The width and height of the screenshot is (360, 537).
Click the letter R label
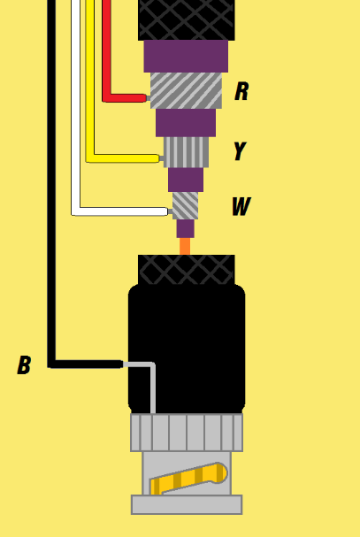point(241,91)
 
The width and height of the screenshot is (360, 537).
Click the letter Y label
point(240,150)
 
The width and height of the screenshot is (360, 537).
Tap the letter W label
point(241,206)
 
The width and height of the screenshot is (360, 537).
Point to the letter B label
point(24,364)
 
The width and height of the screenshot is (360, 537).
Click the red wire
point(106,51)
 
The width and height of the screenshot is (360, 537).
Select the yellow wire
point(90,82)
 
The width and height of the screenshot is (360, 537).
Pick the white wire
point(76,110)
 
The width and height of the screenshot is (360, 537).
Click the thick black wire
point(51,185)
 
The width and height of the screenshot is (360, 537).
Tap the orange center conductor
point(185,247)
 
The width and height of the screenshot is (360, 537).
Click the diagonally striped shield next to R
point(186,90)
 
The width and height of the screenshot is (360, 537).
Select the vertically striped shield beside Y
point(186,152)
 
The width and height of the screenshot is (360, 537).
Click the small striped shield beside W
point(186,205)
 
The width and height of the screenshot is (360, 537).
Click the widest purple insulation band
point(186,56)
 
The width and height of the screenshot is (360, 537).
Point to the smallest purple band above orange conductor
point(186,229)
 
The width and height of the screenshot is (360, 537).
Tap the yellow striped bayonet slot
point(188,478)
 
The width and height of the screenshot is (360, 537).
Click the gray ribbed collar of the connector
point(187,433)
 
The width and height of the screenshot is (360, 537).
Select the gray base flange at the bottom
point(187,504)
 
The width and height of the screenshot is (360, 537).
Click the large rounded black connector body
point(187,349)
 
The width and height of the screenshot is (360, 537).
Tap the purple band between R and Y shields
point(186,123)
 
